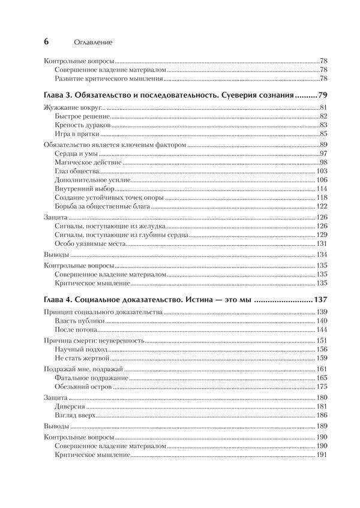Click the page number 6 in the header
click(x=47, y=41)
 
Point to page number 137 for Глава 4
click(x=317, y=299)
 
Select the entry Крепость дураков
click(x=82, y=125)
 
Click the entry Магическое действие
click(x=83, y=163)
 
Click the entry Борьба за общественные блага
click(x=101, y=206)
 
